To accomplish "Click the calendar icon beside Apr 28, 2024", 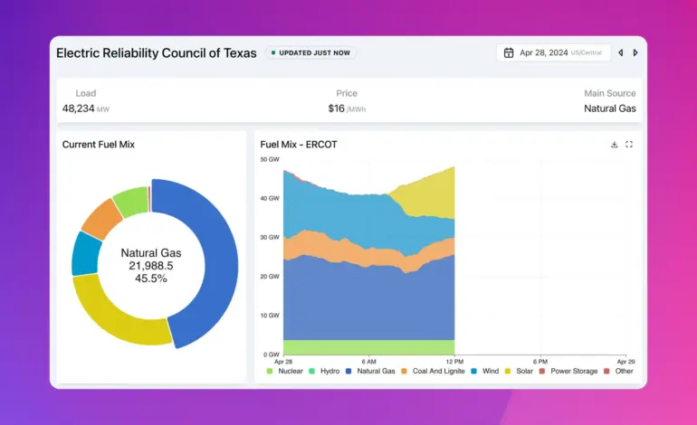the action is point(509,52).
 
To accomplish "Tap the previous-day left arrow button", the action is point(621,52).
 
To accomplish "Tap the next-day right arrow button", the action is point(635,52).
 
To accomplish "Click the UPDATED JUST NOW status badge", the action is point(310,52).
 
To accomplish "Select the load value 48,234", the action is point(78,109).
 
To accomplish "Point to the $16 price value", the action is point(337,109).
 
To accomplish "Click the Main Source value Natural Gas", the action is point(610,109).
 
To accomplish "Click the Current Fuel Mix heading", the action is point(99,145).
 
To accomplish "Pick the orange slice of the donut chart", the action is point(101,219).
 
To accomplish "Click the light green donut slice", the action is point(131,201).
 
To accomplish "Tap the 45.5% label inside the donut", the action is point(151,279).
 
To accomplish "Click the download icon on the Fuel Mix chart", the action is point(615,145).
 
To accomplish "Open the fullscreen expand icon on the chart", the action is point(629,145).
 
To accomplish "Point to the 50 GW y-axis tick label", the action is point(270,159).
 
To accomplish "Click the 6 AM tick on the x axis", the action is point(369,362).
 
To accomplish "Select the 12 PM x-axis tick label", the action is point(454,362).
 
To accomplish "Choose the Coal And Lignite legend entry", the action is point(433,371).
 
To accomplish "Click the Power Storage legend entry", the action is point(568,371).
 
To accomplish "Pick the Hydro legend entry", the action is point(324,371).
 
